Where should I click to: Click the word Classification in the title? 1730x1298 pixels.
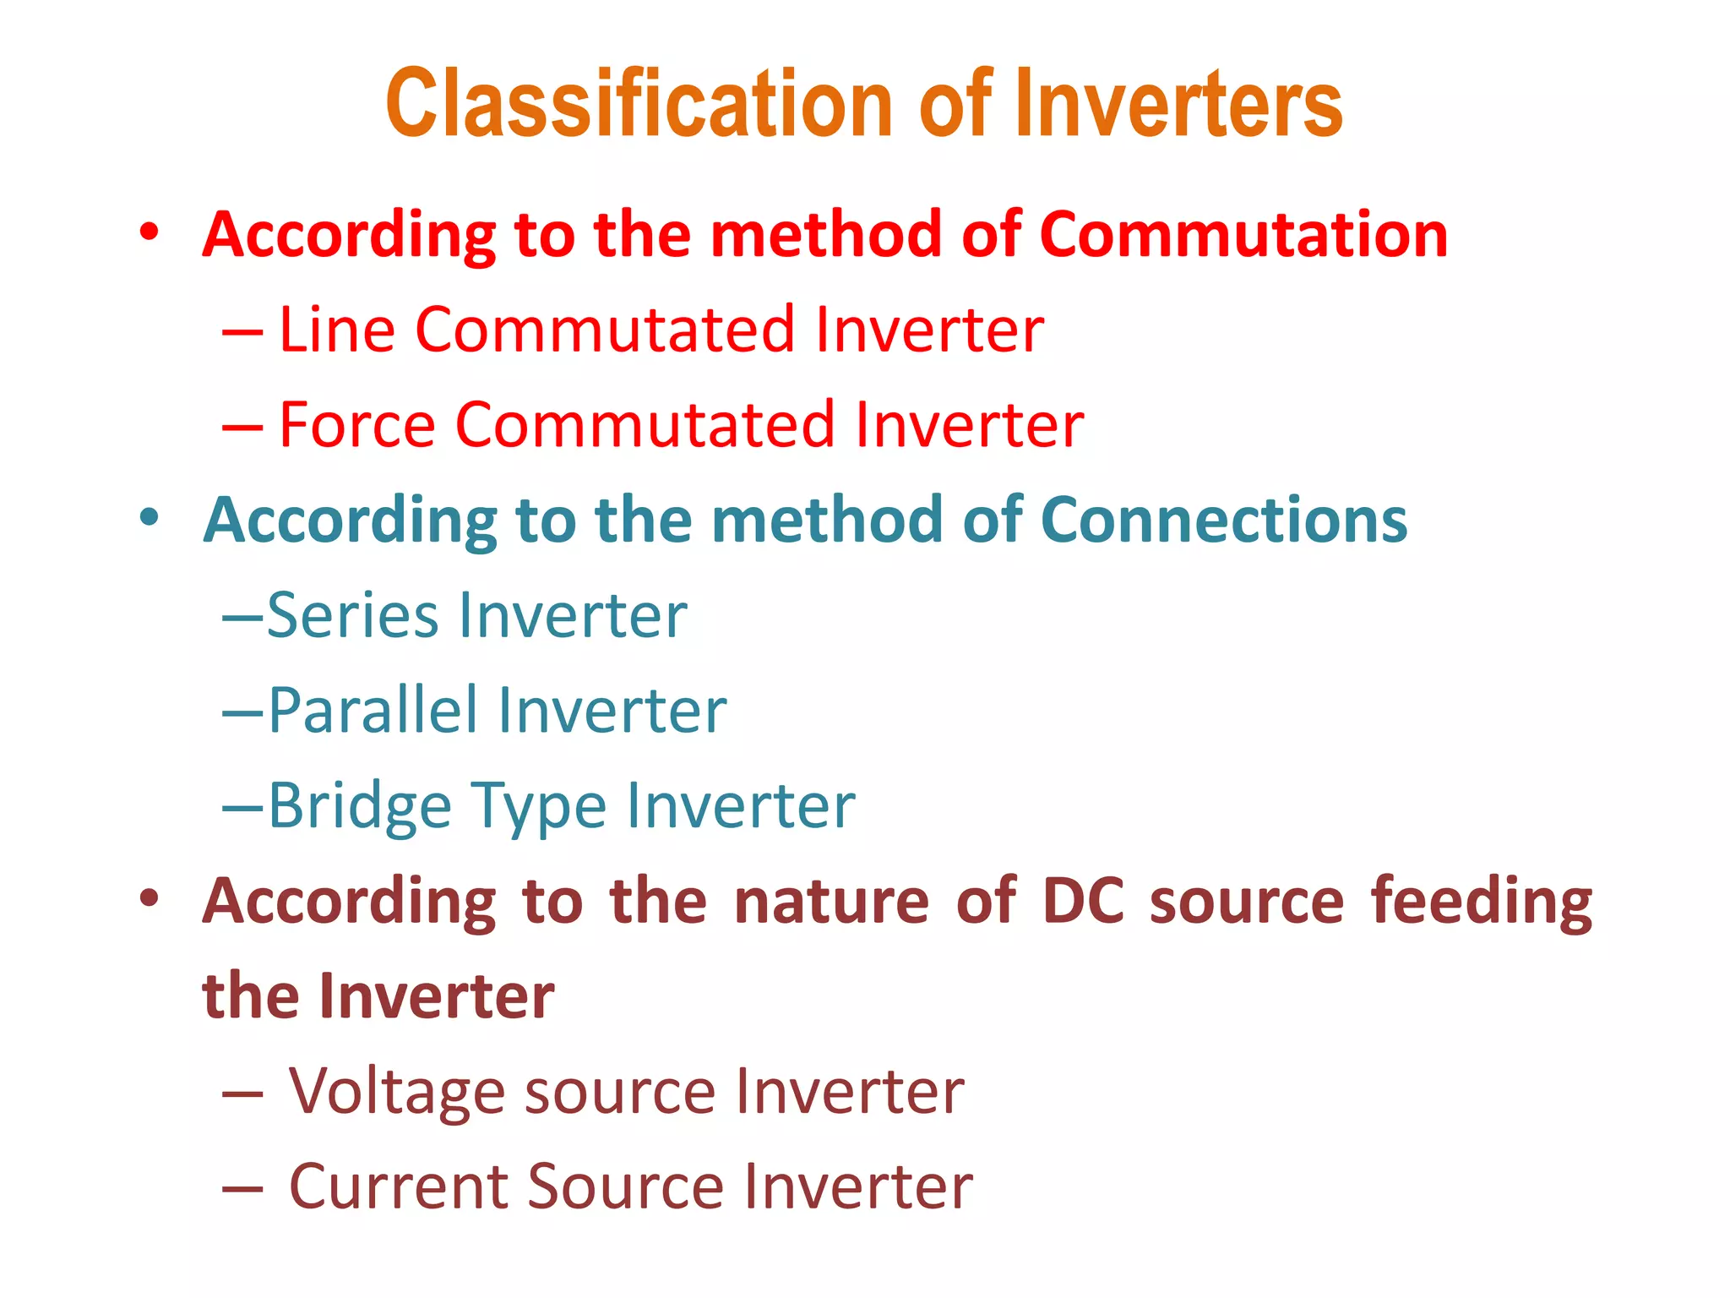(639, 104)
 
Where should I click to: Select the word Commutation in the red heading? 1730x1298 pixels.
(1243, 234)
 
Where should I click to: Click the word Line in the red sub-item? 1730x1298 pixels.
(337, 329)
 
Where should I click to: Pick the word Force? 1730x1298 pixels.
(357, 424)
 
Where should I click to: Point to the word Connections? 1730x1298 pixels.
(1224, 519)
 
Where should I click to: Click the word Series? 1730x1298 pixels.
(353, 615)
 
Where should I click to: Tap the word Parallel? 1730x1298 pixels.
(371, 710)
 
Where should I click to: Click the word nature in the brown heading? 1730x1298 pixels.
(831, 901)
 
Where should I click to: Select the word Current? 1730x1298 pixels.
(398, 1186)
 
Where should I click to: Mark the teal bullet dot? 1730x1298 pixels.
(150, 517)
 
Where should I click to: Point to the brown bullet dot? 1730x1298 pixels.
(150, 898)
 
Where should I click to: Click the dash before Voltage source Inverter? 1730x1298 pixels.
(242, 1093)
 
